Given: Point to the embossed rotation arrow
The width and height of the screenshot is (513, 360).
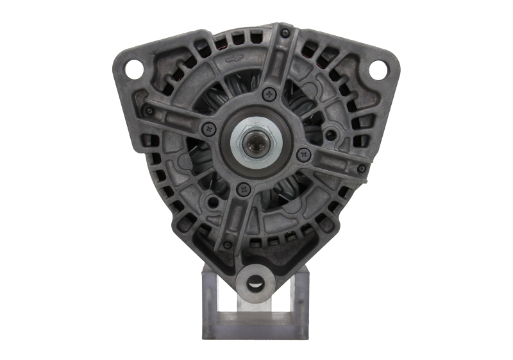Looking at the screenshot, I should (235, 59).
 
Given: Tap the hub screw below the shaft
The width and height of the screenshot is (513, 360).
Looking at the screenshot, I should (242, 188).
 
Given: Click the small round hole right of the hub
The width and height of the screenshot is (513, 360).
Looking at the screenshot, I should (331, 134).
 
